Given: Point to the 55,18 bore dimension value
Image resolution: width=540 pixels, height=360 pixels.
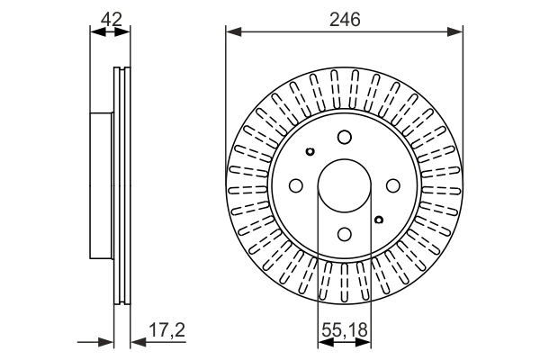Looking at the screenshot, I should tap(344, 330).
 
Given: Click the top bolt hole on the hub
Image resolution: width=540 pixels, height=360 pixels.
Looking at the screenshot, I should tap(344, 137).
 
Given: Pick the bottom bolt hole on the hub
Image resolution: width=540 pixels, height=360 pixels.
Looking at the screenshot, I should tap(344, 234).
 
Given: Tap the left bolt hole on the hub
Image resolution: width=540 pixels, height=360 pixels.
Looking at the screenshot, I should tap(295, 184).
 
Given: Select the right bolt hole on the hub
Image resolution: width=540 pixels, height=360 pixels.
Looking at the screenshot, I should tap(392, 184).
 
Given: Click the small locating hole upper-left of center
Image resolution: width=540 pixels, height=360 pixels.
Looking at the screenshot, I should tap(310, 151).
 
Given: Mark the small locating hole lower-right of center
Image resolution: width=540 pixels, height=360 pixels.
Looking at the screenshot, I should tap(379, 219).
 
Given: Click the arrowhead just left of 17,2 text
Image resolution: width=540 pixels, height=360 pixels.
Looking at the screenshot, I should tap(137, 341).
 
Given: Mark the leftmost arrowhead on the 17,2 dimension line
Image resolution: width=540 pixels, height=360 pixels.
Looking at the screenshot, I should tap(107, 341).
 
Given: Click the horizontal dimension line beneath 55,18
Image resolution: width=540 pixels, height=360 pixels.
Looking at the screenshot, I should tap(344, 341).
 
